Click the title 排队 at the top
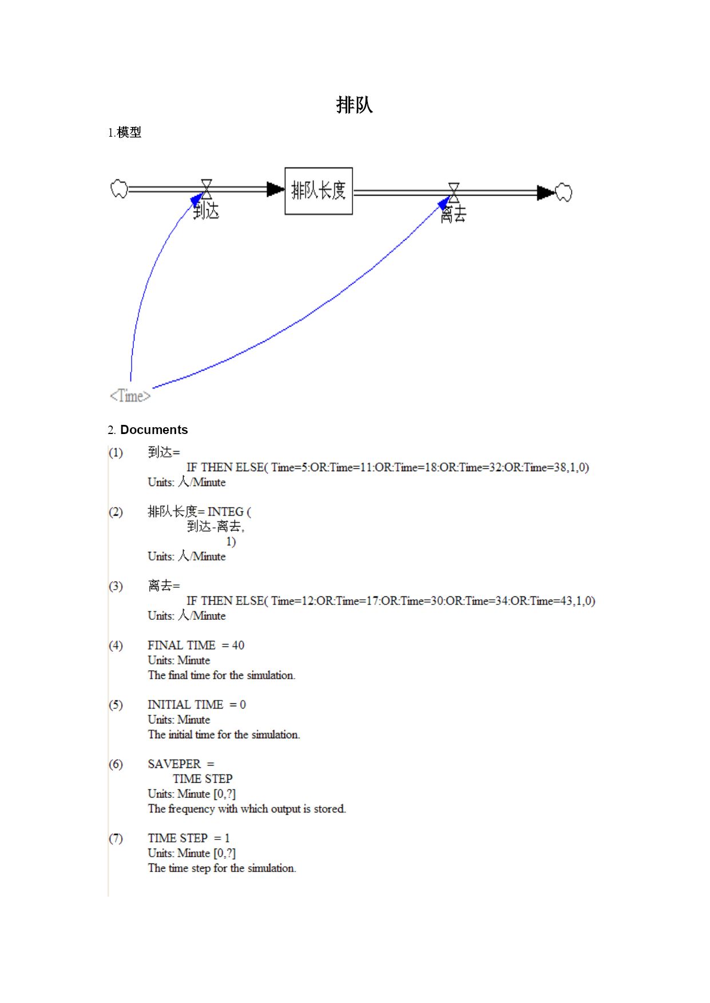(354, 105)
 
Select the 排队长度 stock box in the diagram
(319, 191)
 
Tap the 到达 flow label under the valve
(206, 211)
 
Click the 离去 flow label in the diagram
(454, 214)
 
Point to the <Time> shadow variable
(130, 396)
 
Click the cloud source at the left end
(119, 189)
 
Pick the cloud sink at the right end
(564, 192)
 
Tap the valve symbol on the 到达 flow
(207, 189)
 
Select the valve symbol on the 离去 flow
(454, 192)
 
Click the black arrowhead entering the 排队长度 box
(276, 189)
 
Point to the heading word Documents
(154, 429)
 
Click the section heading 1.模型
(124, 133)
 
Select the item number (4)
(116, 646)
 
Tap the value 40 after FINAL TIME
(238, 645)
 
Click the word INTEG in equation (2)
(225, 512)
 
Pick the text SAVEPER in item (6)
(174, 764)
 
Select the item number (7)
(116, 838)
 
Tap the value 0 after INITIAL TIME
(243, 705)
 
